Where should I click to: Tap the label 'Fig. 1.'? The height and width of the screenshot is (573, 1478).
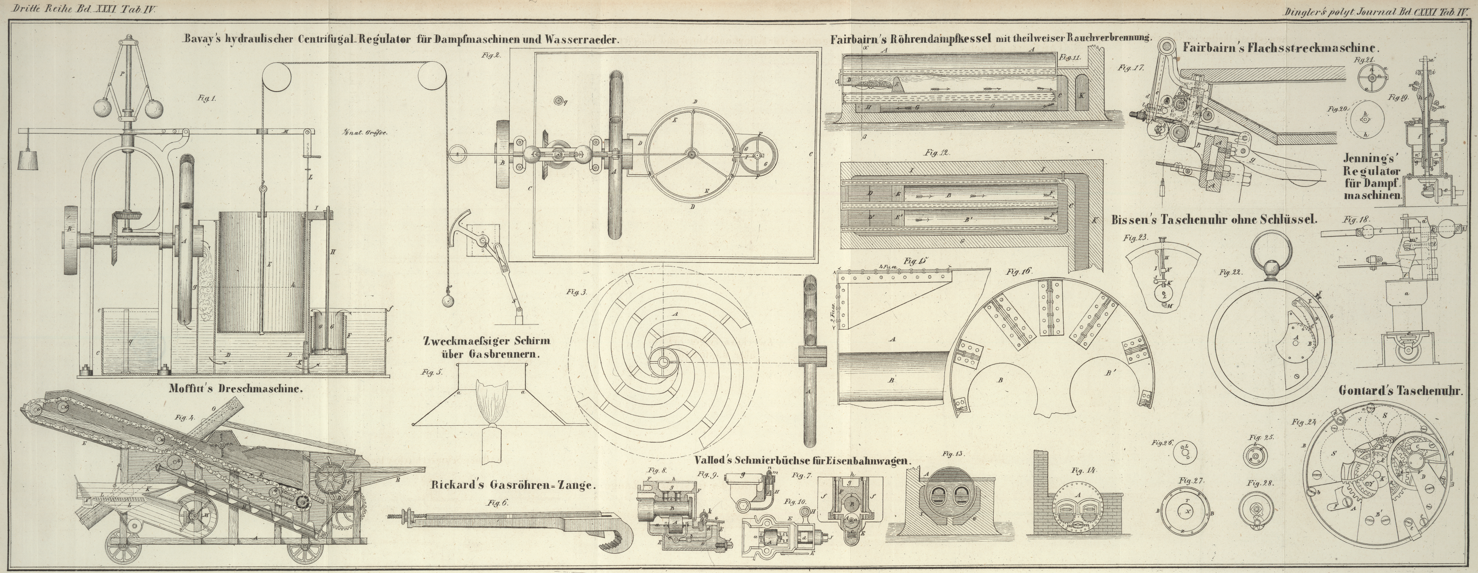point(207,98)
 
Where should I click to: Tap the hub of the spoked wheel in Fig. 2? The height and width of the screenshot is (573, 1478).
point(690,153)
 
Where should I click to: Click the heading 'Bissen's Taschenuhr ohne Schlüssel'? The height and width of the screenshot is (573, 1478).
point(1213,220)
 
